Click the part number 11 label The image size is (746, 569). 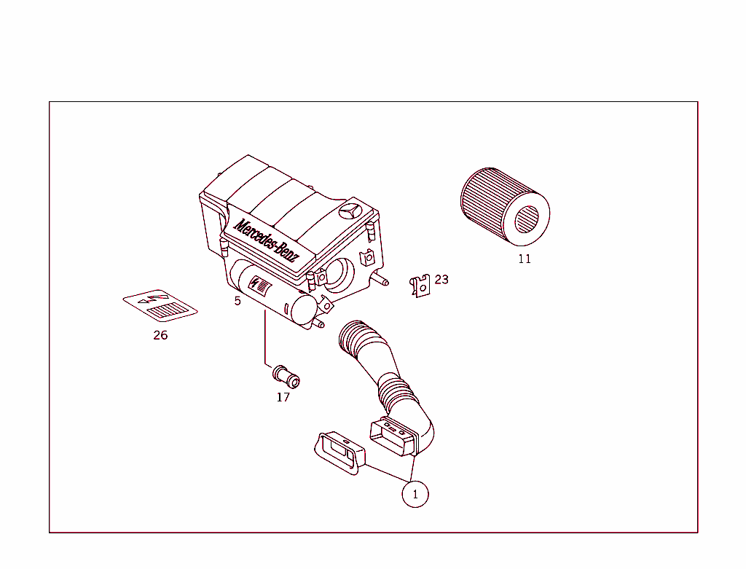click(525, 259)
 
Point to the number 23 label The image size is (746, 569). click(441, 279)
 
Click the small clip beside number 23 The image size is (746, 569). click(420, 286)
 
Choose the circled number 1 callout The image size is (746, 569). click(415, 495)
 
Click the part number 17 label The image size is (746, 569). click(283, 397)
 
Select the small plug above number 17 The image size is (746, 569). click(286, 376)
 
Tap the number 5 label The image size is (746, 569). click(237, 301)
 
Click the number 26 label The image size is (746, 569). click(160, 335)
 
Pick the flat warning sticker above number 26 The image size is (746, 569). click(160, 306)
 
